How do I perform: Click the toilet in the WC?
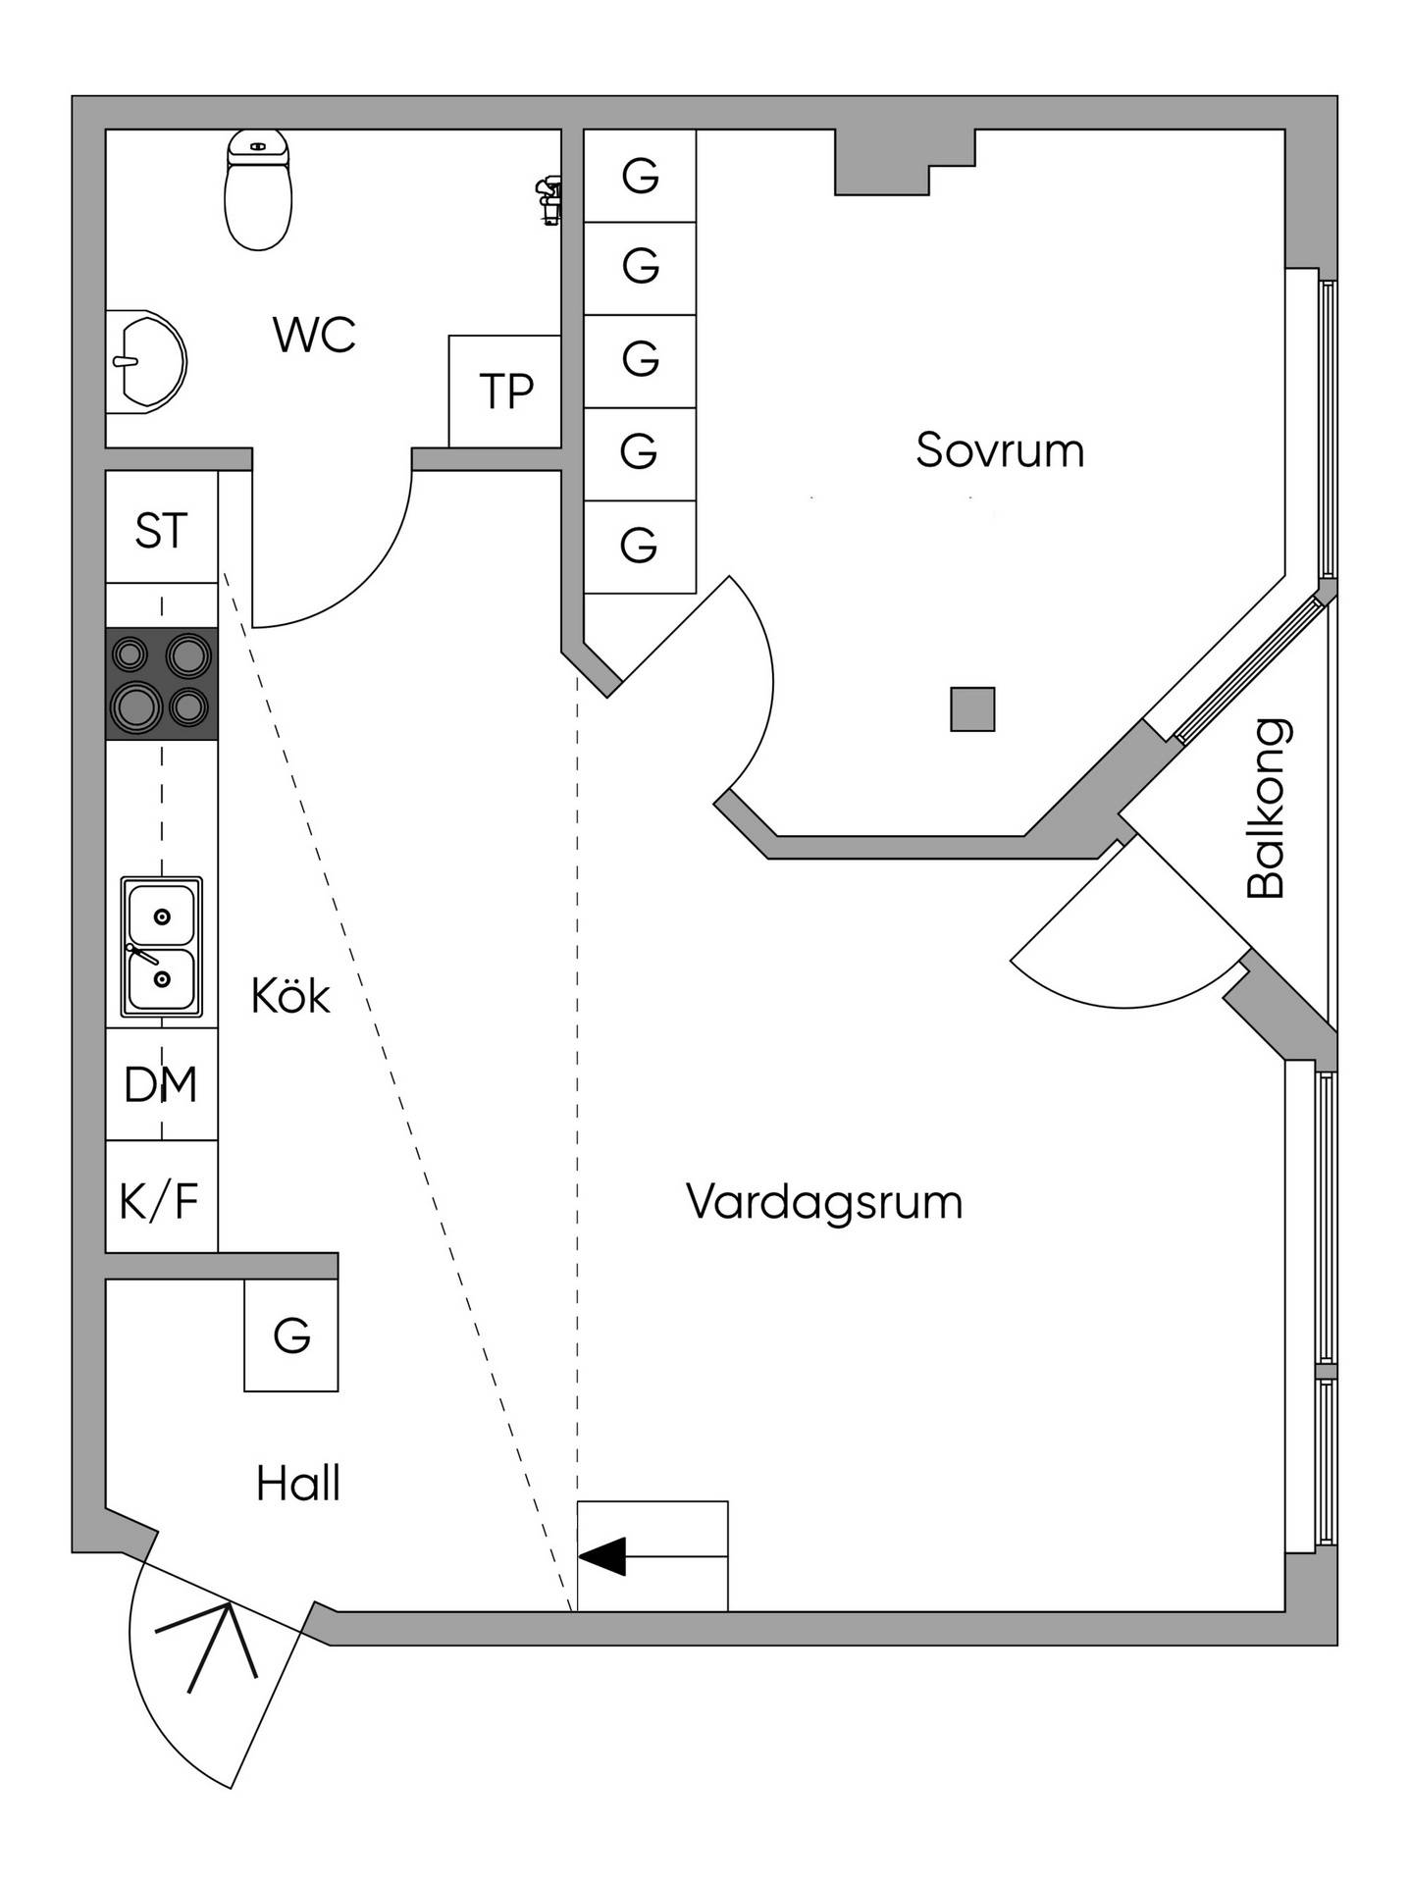259,188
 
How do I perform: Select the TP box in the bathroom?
505,392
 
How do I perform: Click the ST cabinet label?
161,531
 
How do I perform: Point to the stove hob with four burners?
162,683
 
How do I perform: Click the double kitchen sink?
162,947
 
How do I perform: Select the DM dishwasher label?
161,1084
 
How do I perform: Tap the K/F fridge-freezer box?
162,1196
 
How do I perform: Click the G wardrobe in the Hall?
291,1334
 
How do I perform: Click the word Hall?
298,1484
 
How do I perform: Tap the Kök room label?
290,996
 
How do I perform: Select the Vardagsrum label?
824,1203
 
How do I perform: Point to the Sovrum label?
1000,450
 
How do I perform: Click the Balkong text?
1266,809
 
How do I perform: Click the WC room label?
314,335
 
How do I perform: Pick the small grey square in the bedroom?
972,708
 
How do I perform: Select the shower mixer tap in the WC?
548,201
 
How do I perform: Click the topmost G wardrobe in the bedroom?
640,176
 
